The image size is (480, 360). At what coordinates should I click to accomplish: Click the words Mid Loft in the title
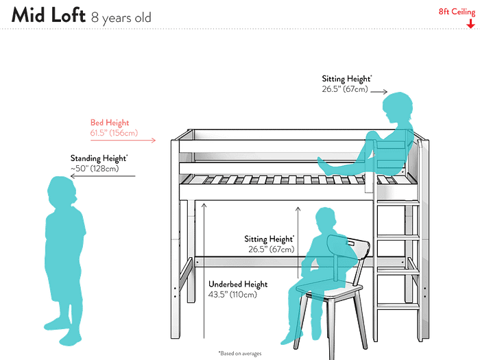(47, 14)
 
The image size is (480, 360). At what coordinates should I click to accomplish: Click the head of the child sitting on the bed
(398, 108)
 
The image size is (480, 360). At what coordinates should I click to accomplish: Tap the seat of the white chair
(337, 293)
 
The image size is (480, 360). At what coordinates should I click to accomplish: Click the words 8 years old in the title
(121, 16)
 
